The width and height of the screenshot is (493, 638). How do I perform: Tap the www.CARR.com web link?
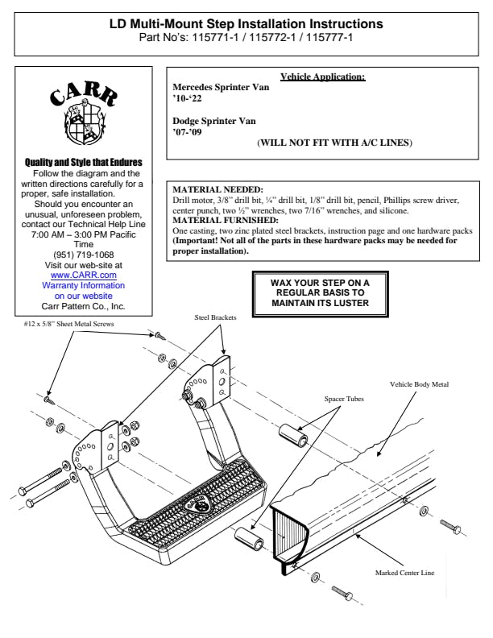[x=83, y=275]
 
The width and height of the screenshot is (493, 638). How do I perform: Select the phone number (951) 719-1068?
[x=83, y=255]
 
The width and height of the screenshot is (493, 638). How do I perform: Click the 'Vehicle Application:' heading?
[x=322, y=77]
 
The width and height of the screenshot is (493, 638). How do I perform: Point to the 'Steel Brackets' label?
[x=216, y=318]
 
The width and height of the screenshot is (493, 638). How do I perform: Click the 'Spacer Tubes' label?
[x=345, y=399]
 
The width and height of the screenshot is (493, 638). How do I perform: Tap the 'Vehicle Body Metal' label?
[x=419, y=385]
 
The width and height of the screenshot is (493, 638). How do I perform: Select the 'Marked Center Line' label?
[x=404, y=573]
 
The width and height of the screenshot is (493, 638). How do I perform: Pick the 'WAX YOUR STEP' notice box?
[x=320, y=293]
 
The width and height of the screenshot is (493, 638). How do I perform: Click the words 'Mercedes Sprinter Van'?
[x=222, y=88]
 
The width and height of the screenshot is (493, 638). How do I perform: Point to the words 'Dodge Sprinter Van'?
[x=214, y=121]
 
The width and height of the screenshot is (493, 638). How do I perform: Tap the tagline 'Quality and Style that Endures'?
[x=84, y=163]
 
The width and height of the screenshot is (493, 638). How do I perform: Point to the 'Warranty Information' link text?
[x=83, y=285]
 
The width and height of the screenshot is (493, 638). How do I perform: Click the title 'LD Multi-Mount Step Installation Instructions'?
[x=246, y=25]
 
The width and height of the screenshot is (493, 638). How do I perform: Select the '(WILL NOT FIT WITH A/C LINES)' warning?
[x=334, y=143]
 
